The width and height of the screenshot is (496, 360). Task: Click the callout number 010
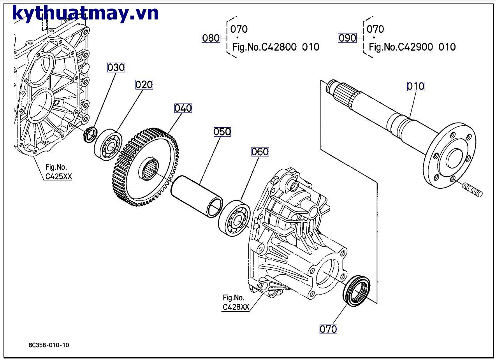pos(415,86)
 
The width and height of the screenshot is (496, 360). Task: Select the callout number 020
pos(144,84)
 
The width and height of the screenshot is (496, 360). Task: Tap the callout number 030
pos(116,67)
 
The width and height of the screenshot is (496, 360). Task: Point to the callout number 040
pos(183,108)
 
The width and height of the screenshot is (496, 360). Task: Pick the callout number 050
pos(222,132)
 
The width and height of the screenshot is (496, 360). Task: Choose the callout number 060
pos(260,151)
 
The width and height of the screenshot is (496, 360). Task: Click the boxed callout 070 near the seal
pos(328,329)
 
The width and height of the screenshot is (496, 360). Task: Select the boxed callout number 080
pos(211,38)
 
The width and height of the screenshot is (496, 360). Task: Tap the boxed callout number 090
pos(347,38)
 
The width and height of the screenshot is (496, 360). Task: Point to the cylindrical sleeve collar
pos(197,194)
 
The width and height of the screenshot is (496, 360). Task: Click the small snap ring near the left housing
pos(91,134)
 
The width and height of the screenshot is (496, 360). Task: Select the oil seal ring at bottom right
pos(356,291)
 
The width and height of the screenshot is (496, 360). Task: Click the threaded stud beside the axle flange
pos(473,190)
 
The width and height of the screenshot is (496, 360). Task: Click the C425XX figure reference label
pos(58,172)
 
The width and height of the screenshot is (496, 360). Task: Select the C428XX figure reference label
pos(235,302)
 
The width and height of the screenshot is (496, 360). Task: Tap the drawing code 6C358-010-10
pos(49,345)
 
